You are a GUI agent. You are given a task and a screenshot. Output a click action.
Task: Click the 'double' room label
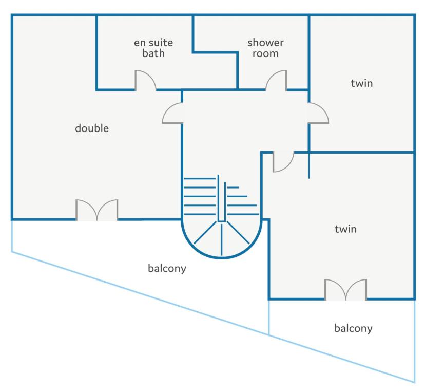pos(92,128)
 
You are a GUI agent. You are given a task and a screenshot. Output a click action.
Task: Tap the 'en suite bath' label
pos(153,48)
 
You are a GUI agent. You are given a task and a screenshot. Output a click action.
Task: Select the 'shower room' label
pos(266,48)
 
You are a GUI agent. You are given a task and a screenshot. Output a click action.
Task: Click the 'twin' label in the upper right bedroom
pos(361,83)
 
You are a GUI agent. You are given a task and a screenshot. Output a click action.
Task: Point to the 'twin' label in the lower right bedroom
pos(345,229)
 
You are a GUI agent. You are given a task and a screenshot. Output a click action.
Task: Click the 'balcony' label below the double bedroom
pos(167,268)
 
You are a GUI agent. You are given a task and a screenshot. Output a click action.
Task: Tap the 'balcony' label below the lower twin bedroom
pos(353,328)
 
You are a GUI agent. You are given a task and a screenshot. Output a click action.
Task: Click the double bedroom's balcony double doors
pos(97,210)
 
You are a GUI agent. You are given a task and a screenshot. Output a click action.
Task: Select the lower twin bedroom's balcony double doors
pos(346,290)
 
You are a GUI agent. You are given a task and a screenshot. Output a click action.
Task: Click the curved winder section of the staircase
pos(222,239)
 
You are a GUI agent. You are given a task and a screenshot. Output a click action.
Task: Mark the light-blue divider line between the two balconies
pos(269,318)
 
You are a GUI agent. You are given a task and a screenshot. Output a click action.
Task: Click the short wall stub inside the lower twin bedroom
pos(309,165)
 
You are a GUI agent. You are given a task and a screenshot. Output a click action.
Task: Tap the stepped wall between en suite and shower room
pos(216,52)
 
